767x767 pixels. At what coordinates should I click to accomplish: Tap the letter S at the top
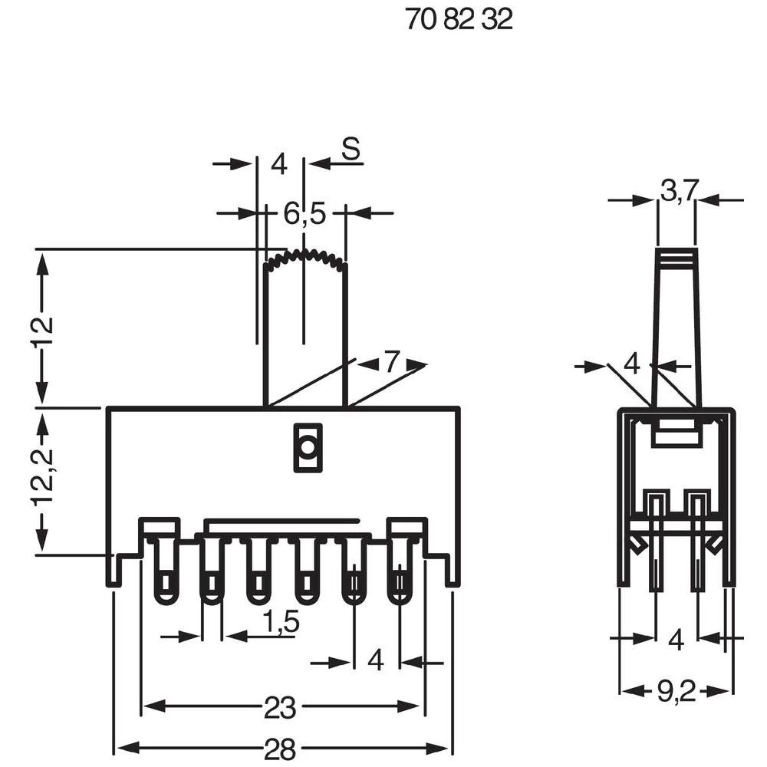point(351,150)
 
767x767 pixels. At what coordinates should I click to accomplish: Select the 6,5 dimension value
point(304,215)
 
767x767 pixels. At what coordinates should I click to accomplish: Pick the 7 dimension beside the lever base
point(392,362)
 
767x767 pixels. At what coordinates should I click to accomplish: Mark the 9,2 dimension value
point(676,693)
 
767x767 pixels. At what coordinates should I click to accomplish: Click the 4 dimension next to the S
point(278,164)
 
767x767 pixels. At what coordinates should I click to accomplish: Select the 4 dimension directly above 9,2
point(676,639)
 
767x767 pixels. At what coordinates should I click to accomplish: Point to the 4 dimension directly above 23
point(376,660)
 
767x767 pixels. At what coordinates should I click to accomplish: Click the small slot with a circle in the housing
point(307,446)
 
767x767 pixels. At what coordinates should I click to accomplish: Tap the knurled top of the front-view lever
point(304,258)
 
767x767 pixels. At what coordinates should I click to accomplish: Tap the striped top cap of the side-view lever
point(676,258)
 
